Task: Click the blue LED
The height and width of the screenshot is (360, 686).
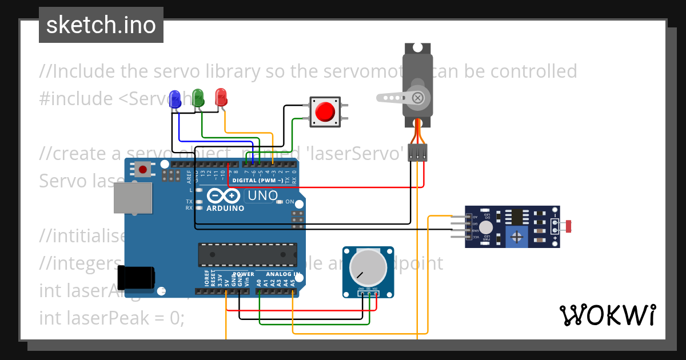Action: tap(175, 98)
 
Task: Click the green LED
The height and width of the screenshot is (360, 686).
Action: tap(198, 97)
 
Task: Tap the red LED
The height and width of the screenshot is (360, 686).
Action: tap(221, 97)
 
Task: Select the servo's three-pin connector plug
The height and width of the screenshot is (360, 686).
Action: tap(418, 153)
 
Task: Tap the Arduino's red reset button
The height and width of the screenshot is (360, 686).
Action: tap(143, 169)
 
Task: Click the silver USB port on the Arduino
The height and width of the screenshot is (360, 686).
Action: tap(132, 199)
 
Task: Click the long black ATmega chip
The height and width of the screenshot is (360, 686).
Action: tap(248, 254)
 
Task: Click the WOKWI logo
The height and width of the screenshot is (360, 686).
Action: tap(607, 315)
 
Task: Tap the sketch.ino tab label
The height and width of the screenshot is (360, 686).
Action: tap(101, 25)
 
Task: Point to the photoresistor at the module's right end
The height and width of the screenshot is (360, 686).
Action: tap(568, 226)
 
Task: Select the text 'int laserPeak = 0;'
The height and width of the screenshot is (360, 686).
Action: tap(112, 318)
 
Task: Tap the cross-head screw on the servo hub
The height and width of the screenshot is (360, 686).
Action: tap(418, 98)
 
